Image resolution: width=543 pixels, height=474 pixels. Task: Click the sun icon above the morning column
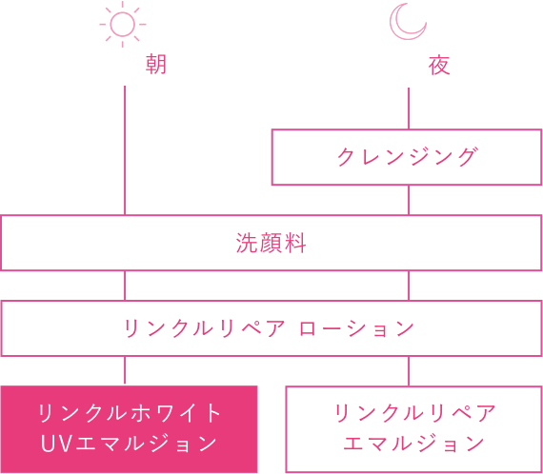point(123,24)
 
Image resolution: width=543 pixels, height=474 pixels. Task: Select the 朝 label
point(156,65)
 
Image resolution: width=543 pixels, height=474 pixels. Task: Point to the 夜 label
point(439,65)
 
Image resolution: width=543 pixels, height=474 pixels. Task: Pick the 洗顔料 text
point(271,243)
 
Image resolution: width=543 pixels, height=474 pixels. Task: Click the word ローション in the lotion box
point(356,328)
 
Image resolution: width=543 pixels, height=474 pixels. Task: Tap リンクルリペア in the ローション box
point(204,328)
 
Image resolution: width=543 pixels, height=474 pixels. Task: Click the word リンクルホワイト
point(130,413)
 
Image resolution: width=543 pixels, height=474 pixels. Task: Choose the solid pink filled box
point(129,429)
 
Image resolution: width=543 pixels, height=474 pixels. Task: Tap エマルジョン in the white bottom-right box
point(414,444)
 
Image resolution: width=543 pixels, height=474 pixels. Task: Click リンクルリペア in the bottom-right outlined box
point(414,413)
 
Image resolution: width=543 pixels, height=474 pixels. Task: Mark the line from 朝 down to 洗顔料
point(125,150)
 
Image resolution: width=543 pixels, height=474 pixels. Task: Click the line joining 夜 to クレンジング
point(409,109)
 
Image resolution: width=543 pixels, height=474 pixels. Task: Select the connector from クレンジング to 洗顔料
point(409,200)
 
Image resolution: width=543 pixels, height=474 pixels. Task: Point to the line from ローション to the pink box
point(125,370)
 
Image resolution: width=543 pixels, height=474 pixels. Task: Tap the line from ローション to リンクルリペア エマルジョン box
point(409,371)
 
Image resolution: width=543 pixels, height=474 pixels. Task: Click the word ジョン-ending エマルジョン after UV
point(146,444)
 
